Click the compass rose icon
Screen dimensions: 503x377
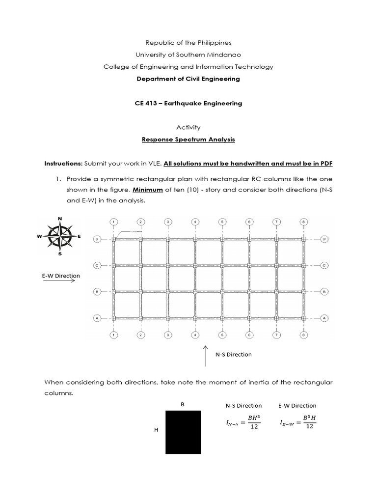tap(60, 236)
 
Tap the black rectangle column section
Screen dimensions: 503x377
tap(183, 432)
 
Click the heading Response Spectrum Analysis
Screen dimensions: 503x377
tap(188, 140)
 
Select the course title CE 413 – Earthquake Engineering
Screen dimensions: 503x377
tap(188, 103)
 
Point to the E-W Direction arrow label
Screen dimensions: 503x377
tap(61, 276)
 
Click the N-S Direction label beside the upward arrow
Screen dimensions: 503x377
tap(234, 354)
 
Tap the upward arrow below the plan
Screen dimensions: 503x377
tap(205, 356)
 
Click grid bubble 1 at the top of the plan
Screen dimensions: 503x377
tap(113, 222)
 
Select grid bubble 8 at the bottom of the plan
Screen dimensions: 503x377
tap(304, 335)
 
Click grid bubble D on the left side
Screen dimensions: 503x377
tap(97, 239)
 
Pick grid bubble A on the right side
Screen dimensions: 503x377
tap(324, 318)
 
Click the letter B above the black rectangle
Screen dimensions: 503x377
tap(183, 405)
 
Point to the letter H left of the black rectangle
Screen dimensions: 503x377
tap(156, 430)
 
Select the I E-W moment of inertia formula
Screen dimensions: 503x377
tap(297, 422)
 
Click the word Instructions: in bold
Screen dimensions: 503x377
tap(63, 163)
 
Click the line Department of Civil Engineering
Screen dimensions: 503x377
tap(188, 79)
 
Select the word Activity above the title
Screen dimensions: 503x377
tap(188, 127)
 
